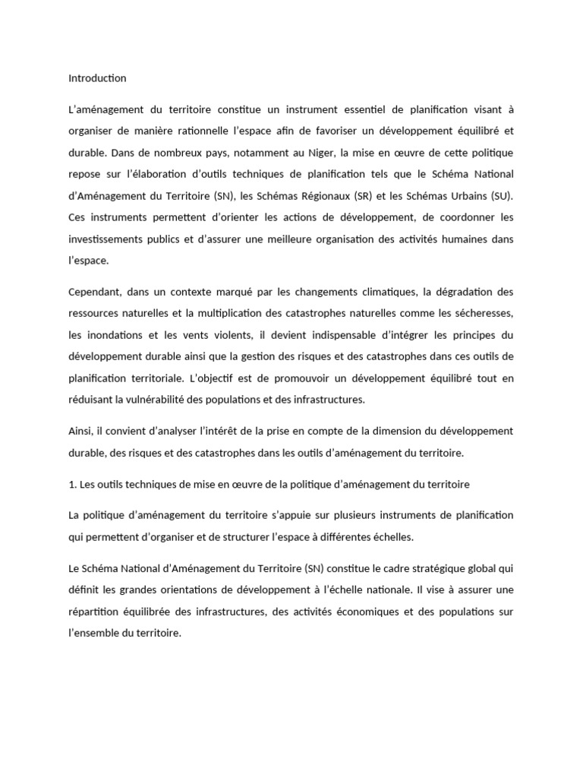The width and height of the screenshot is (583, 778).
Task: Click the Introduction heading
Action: click(97, 78)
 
